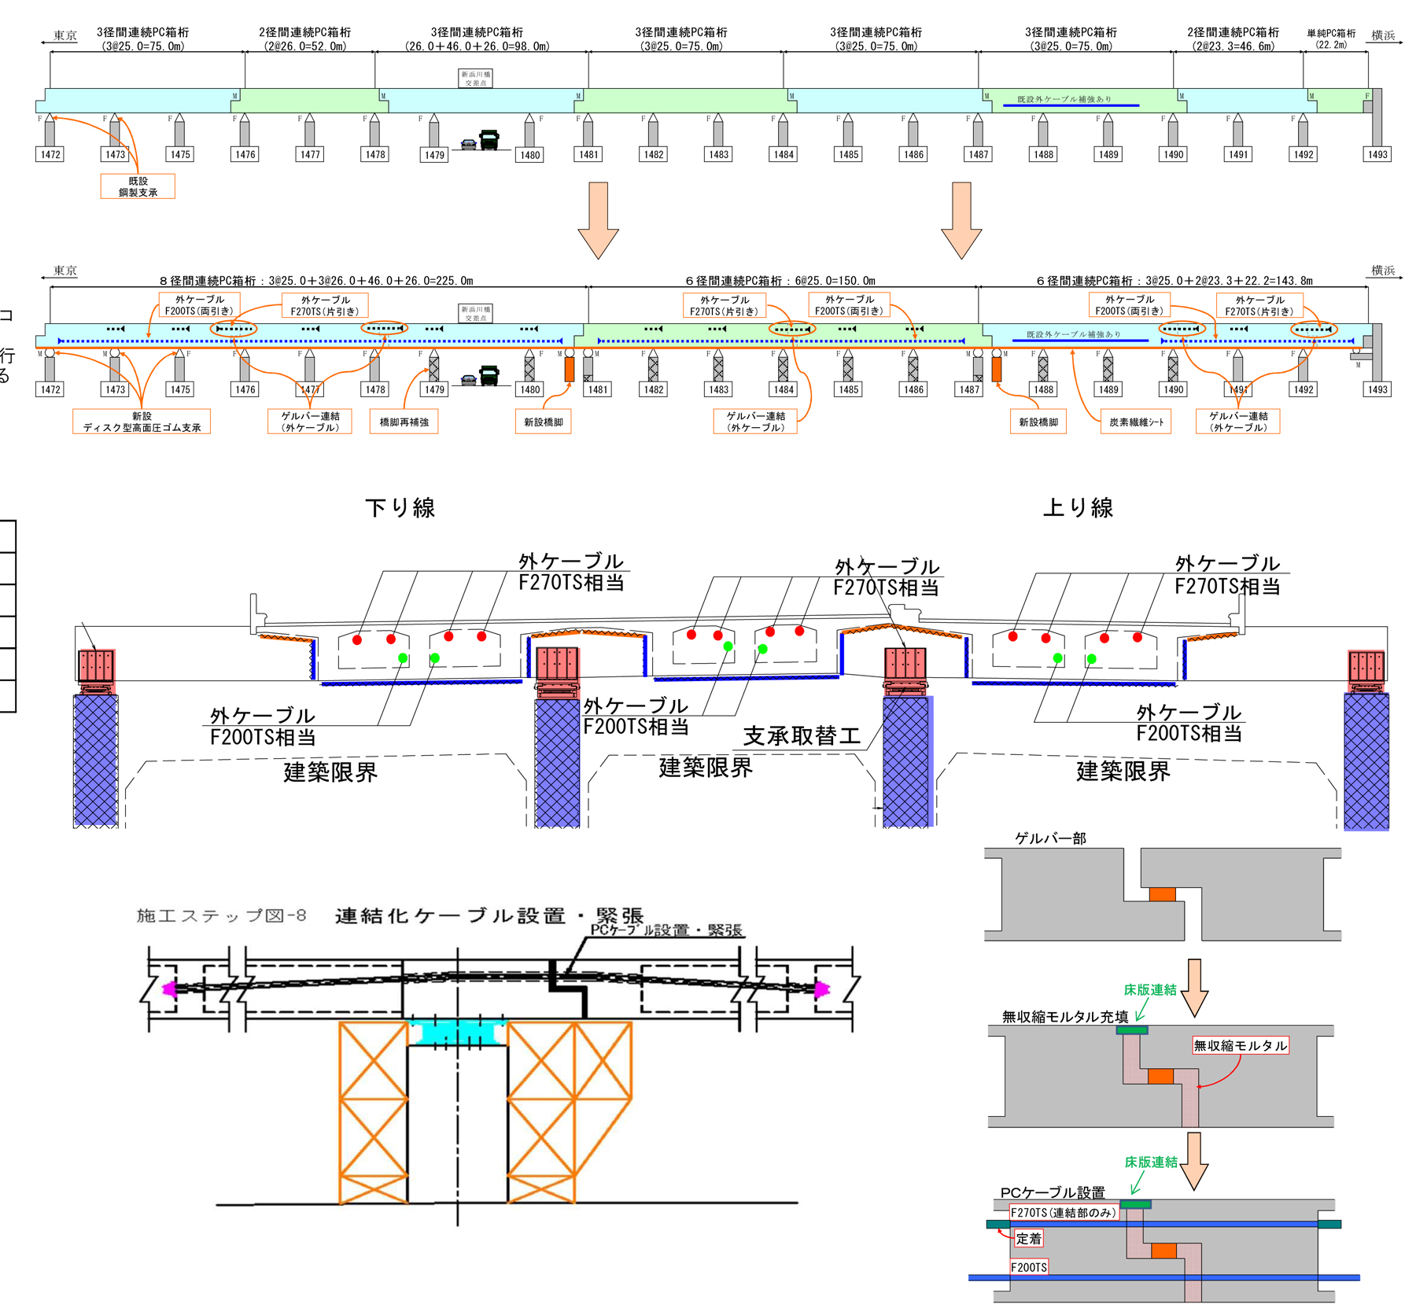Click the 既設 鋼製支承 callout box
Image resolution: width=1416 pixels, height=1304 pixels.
point(138,186)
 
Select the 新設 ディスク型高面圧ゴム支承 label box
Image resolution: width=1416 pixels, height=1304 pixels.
point(142,422)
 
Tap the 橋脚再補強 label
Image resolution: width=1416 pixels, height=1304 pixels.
point(404,422)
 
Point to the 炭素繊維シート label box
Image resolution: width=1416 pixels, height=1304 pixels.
point(1136,422)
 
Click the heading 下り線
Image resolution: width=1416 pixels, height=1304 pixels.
point(400,508)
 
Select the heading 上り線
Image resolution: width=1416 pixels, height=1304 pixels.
point(1077,508)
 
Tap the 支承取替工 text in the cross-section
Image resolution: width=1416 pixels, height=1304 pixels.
point(802,736)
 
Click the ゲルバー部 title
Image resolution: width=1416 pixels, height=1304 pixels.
point(1050,838)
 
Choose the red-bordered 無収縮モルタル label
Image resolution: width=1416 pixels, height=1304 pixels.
point(1241,1045)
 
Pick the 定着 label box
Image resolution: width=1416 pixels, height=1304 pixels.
point(1028,1239)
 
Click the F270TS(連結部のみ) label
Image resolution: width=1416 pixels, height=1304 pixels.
point(1063,1213)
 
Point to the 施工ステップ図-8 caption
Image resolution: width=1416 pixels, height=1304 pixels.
point(221,915)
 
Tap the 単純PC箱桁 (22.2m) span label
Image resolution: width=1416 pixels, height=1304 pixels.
point(1331,39)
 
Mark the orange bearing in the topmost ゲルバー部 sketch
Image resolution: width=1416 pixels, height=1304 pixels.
point(1162,894)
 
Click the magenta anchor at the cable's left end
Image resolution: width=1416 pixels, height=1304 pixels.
point(168,989)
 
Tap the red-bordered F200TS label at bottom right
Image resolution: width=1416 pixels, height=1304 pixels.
point(1029,1267)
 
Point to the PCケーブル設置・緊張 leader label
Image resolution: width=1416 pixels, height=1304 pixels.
point(666,930)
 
